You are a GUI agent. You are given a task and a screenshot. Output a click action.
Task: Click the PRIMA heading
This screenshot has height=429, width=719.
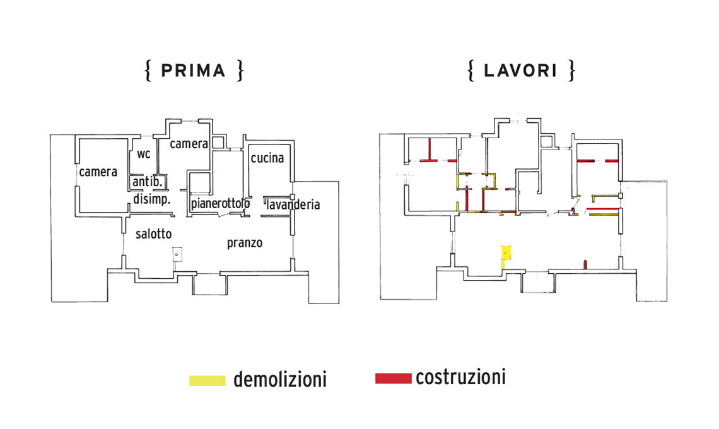(193, 71)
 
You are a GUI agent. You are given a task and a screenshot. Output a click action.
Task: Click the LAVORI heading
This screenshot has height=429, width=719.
(520, 71)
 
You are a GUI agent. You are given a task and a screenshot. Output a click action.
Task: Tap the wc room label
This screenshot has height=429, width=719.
(144, 153)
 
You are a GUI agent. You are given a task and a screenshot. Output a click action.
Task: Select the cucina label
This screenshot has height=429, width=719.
(267, 158)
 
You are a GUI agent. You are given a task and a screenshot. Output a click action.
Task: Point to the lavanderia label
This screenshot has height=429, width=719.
(293, 204)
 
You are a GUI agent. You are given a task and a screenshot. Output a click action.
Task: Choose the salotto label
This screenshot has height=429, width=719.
(153, 233)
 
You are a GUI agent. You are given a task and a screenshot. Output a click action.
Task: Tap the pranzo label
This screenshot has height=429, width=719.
(245, 242)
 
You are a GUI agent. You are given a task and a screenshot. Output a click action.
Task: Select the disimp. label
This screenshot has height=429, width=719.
(152, 199)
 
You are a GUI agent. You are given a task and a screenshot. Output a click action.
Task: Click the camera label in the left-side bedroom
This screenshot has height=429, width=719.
(98, 171)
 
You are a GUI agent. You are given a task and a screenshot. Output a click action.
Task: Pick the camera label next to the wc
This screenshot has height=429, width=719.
(189, 144)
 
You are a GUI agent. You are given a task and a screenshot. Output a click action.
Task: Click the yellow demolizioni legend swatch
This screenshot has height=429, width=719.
(207, 380)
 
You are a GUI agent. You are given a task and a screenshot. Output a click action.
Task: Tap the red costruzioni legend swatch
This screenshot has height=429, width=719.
(393, 379)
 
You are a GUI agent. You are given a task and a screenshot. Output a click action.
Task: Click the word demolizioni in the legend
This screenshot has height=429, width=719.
(279, 380)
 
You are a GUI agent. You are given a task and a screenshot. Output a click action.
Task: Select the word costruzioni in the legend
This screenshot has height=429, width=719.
(460, 378)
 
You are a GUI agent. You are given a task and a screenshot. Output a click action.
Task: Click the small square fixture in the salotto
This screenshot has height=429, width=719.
(177, 254)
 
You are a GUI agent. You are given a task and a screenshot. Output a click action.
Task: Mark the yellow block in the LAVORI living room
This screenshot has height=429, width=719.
(505, 252)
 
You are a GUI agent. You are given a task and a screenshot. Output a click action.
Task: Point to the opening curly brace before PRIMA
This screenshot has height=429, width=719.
(148, 71)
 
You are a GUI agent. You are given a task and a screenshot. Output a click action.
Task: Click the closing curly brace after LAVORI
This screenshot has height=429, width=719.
(571, 71)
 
